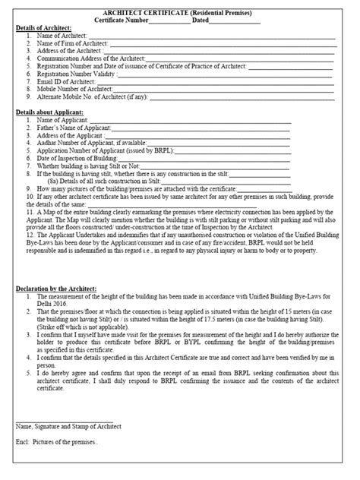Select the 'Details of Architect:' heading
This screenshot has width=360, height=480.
coord(43,29)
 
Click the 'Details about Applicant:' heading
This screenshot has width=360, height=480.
coord(48,112)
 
